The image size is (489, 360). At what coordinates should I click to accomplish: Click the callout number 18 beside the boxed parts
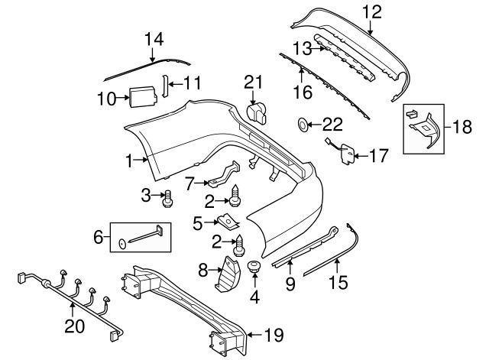[463, 126]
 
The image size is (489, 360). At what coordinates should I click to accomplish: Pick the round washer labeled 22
[303, 123]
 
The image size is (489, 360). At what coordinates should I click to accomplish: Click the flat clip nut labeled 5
[226, 221]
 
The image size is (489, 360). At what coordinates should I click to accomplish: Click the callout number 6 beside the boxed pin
[98, 238]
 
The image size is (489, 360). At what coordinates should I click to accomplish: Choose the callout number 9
[290, 284]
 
